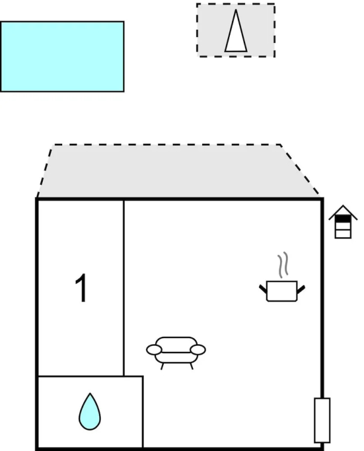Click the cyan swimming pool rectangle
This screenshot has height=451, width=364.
[x=62, y=56]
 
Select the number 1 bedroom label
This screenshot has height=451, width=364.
[x=81, y=288]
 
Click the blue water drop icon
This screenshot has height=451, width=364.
[x=90, y=412]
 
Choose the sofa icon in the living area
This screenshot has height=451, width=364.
[x=176, y=352]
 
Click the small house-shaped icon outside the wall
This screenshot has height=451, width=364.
[x=343, y=222]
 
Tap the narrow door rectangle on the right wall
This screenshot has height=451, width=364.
[x=322, y=420]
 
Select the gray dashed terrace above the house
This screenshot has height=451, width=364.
[x=178, y=171]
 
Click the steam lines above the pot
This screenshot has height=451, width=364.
[x=283, y=265]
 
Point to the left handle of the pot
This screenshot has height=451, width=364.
[x=263, y=289]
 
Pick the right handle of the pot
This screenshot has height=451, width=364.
[x=301, y=290]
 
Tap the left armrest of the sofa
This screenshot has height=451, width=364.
[x=154, y=350]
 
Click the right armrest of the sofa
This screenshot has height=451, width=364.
[x=198, y=350]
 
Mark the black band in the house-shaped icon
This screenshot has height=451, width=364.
[x=343, y=219]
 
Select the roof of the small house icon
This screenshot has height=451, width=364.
[x=343, y=212]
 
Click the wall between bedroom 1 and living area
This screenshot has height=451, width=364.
[x=124, y=288]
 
